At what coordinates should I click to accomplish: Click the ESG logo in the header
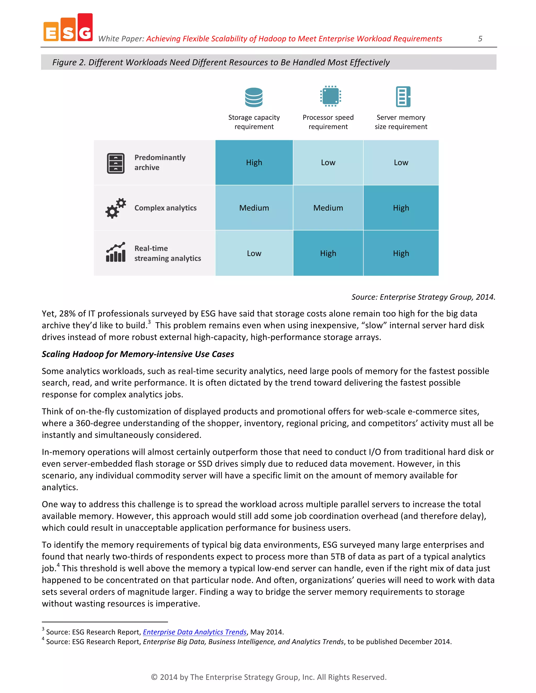coord(68,28)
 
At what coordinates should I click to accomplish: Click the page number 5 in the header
coord(480,39)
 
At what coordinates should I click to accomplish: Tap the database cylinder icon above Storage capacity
coord(254,97)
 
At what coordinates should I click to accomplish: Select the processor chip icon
coord(330,96)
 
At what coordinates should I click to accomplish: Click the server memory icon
coord(403,96)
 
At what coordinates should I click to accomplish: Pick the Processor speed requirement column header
coord(328,122)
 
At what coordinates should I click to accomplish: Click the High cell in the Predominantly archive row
coord(254,162)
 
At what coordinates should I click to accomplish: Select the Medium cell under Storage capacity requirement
coord(254,208)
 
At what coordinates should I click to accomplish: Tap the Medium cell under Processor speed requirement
coord(328,208)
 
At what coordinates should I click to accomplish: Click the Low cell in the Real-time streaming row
coord(254,253)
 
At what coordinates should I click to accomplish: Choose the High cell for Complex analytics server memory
coord(401,208)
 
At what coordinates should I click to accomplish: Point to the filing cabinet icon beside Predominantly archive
coord(116,163)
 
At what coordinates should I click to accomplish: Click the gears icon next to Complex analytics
coord(116,208)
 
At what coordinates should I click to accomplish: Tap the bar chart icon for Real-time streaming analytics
coord(116,253)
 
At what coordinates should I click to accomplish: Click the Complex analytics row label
coord(165,208)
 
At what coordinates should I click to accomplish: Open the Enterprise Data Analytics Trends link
coord(195,632)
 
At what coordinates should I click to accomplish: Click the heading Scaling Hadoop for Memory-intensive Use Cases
coord(138,354)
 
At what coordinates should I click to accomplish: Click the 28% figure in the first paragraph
coord(67,314)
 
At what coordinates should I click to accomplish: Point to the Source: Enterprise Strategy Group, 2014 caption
coord(423,297)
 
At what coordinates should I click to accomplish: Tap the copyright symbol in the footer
coord(154,677)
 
